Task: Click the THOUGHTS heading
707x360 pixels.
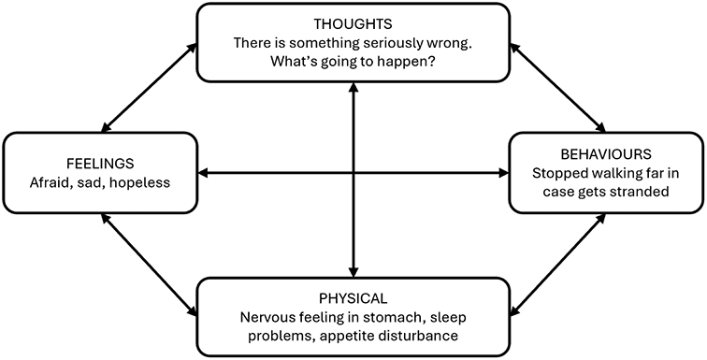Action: coord(353,22)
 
